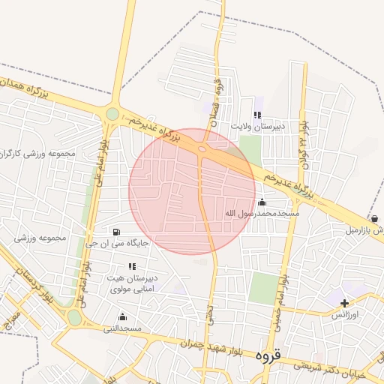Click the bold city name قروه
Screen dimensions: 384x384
tap(267, 355)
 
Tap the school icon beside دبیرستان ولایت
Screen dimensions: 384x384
tap(257, 115)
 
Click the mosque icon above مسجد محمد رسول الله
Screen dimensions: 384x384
tap(262, 202)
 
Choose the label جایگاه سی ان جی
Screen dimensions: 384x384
tap(118, 242)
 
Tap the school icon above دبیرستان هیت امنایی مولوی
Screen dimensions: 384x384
tap(133, 266)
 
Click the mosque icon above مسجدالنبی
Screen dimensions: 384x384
tap(122, 316)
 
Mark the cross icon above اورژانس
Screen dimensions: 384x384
tap(344, 304)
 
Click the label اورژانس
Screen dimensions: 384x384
tap(346, 316)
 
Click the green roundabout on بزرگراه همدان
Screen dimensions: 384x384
tap(112, 114)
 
